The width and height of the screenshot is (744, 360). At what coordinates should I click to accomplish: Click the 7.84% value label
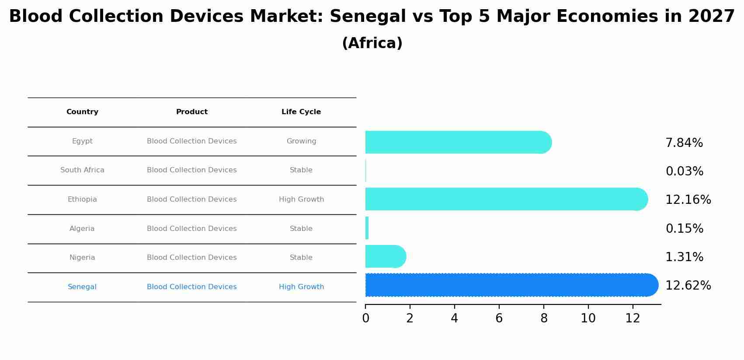pyautogui.click(x=684, y=143)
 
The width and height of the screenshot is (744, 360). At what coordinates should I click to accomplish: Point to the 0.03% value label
pyautogui.click(x=684, y=171)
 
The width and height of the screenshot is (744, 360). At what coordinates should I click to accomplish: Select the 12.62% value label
pyautogui.click(x=688, y=286)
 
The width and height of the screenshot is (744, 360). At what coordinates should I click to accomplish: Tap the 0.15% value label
pyautogui.click(x=684, y=229)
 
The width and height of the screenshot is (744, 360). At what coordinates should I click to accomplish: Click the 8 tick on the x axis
pyautogui.click(x=543, y=318)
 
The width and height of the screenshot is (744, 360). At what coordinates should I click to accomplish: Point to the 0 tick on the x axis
pyautogui.click(x=365, y=318)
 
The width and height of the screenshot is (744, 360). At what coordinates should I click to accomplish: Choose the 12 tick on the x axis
pyautogui.click(x=633, y=318)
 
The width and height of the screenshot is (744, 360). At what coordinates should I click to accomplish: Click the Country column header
pyautogui.click(x=82, y=112)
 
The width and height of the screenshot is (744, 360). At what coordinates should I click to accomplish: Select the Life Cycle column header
pyautogui.click(x=301, y=112)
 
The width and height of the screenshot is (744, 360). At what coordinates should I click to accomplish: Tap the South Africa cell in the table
pyautogui.click(x=82, y=170)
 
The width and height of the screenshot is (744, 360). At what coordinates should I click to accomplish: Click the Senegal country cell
pyautogui.click(x=82, y=287)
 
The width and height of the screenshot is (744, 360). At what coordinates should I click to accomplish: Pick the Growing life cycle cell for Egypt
pyautogui.click(x=301, y=141)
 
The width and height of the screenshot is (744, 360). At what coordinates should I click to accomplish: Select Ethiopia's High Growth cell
pyautogui.click(x=301, y=199)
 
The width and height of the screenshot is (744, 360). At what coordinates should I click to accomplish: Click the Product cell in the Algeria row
pyautogui.click(x=191, y=229)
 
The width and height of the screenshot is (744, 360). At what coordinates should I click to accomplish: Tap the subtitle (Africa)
pyautogui.click(x=372, y=43)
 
